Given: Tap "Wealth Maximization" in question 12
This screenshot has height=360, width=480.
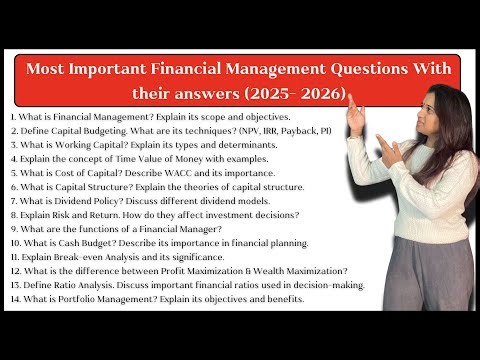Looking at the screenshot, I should coord(284,271).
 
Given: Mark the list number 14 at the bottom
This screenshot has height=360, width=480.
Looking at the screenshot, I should coord(13,299).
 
